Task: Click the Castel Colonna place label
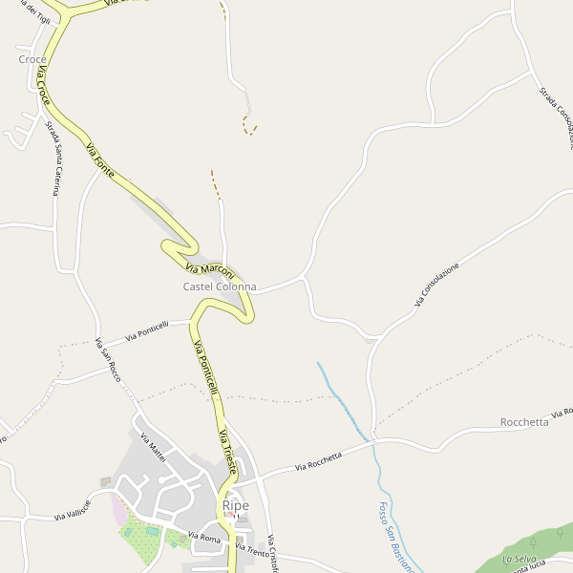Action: click(x=220, y=286)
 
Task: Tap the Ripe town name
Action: click(x=235, y=505)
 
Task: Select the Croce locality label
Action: click(x=32, y=59)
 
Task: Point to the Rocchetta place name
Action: click(x=524, y=422)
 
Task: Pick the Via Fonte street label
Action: click(x=100, y=159)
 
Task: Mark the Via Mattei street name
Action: click(x=153, y=448)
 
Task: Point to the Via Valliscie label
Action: click(x=73, y=510)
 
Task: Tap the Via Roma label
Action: click(x=204, y=538)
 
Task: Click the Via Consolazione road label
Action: click(x=436, y=285)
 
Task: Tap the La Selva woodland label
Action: click(x=519, y=559)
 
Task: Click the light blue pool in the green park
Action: click(x=153, y=530)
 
